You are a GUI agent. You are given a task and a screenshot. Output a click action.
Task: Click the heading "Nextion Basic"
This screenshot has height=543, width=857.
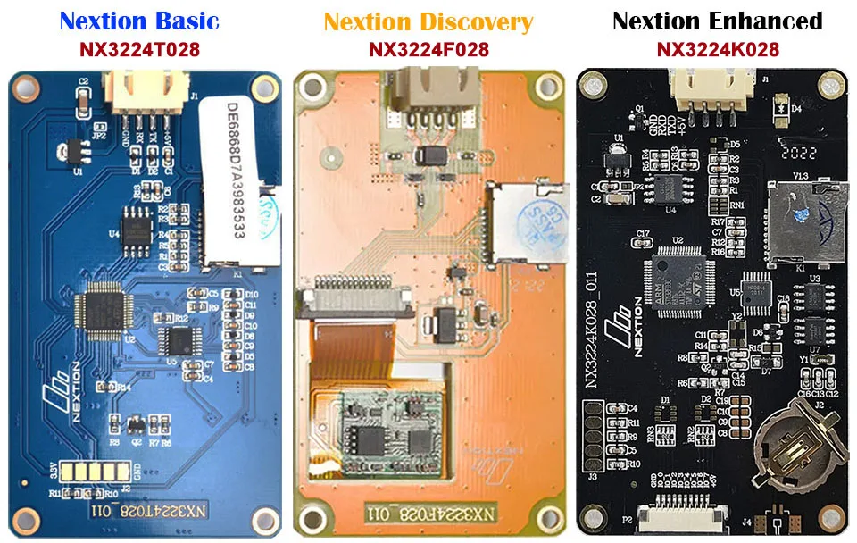tap(139, 21)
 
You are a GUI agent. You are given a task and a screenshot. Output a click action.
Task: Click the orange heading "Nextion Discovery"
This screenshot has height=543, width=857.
tap(428, 21)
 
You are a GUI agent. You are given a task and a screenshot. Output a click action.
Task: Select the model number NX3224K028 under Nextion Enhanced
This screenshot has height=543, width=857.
tap(718, 49)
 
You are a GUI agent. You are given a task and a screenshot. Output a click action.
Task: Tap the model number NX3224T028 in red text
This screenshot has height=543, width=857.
tap(139, 49)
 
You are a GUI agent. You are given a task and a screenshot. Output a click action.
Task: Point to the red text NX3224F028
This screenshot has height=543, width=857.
tap(428, 49)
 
